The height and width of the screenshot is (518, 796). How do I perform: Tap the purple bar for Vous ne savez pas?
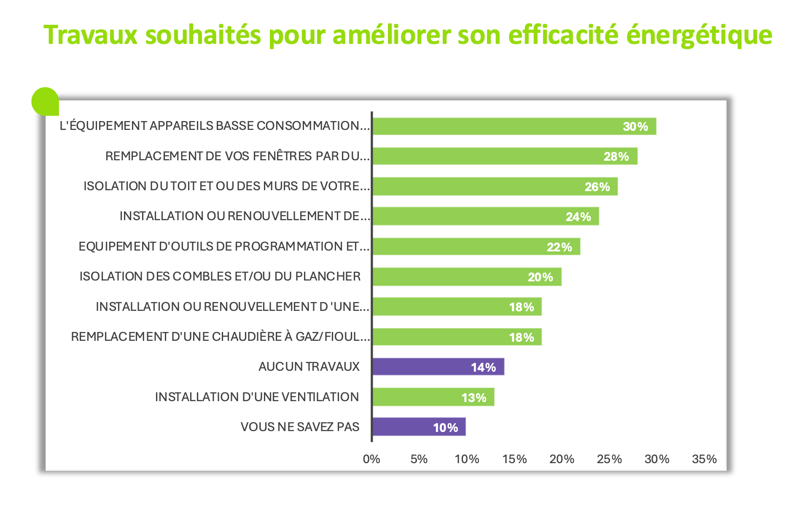(x=419, y=427)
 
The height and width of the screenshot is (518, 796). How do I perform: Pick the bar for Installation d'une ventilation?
(x=433, y=397)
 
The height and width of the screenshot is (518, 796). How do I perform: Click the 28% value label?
(x=616, y=156)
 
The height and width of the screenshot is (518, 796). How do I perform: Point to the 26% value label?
(x=597, y=187)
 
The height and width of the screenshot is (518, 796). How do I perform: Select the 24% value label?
(x=578, y=217)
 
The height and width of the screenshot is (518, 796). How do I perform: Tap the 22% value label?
(x=559, y=247)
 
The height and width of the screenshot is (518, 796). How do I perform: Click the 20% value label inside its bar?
(x=540, y=277)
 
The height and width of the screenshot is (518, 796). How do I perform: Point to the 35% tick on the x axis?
(x=704, y=459)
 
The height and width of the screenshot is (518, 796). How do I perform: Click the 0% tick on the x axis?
(x=371, y=459)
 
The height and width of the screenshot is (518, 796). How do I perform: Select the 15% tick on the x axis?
(x=514, y=459)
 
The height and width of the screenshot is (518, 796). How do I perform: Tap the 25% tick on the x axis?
(x=609, y=459)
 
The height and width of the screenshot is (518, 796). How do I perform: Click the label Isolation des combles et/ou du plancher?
(x=220, y=276)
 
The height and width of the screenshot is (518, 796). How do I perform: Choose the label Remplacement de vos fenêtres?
(x=237, y=156)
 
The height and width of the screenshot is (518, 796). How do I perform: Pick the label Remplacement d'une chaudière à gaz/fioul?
(x=221, y=337)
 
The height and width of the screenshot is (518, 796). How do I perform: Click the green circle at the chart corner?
(x=44, y=101)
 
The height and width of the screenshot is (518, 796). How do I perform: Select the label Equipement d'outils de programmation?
(x=224, y=246)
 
